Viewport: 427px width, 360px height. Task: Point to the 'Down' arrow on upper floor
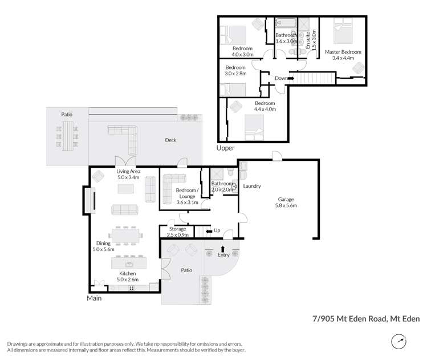[291, 78]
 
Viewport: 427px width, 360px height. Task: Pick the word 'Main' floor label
[95, 298]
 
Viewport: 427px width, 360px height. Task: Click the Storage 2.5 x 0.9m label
[177, 232]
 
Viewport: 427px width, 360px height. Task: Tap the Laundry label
[251, 186]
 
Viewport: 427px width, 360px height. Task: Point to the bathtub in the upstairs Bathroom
[286, 23]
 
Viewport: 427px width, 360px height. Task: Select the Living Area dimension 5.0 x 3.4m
[129, 177]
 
